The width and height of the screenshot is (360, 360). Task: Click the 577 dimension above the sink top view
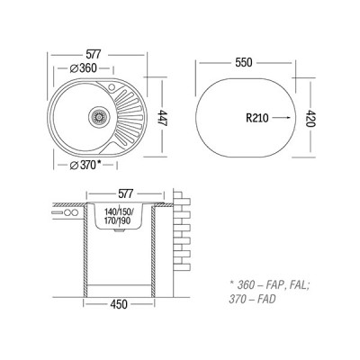click(x=94, y=55)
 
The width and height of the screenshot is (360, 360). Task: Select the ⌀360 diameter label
click(x=83, y=68)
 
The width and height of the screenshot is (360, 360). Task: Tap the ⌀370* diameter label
click(x=85, y=165)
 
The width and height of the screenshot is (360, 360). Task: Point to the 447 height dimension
click(x=162, y=118)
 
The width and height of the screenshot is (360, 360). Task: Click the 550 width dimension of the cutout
click(x=244, y=62)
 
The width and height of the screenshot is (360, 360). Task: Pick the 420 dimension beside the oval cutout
click(x=311, y=119)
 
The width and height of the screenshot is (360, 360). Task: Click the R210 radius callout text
click(x=257, y=118)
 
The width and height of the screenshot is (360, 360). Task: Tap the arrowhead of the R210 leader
click(x=288, y=118)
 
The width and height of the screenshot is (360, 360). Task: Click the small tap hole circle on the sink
click(x=112, y=87)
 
